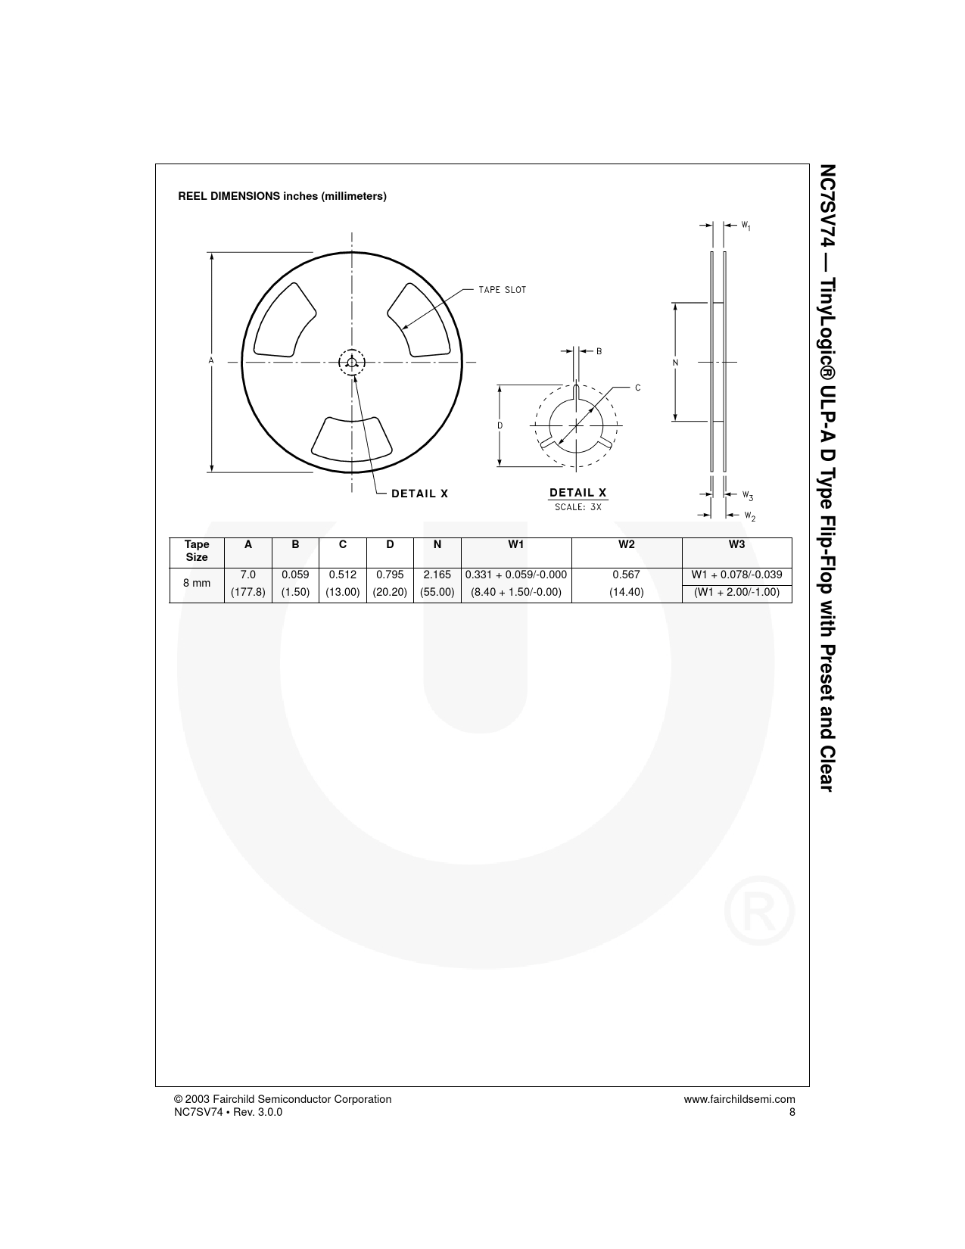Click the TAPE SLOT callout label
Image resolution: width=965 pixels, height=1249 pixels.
pyautogui.click(x=503, y=290)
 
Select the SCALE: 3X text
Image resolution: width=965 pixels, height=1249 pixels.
pyautogui.click(x=577, y=507)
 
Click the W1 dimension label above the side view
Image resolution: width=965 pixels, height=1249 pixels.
pyautogui.click(x=746, y=226)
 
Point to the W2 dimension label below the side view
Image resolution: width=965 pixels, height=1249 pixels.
pyautogui.click(x=750, y=516)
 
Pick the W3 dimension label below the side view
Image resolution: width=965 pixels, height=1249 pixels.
pyautogui.click(x=747, y=496)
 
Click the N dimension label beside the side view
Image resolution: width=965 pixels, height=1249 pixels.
pyautogui.click(x=675, y=363)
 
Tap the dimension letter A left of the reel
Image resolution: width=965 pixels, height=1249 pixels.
pyautogui.click(x=211, y=361)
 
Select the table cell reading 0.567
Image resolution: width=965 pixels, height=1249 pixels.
pyautogui.click(x=627, y=575)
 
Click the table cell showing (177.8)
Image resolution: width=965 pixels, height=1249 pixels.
pyautogui.click(x=248, y=592)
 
